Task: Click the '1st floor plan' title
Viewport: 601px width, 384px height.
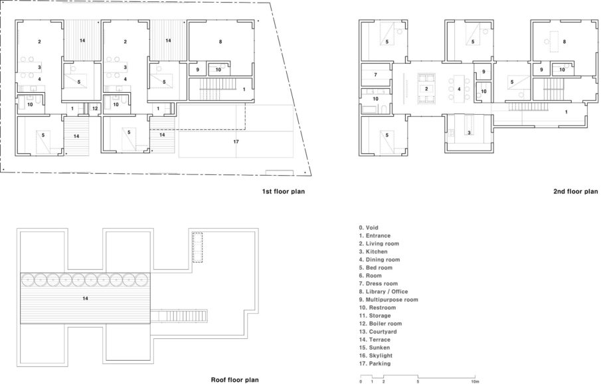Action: (284, 191)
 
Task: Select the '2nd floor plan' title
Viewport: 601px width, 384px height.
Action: (575, 191)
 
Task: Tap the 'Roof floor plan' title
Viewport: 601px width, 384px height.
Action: (234, 380)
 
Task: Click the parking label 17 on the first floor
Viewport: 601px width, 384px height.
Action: (236, 142)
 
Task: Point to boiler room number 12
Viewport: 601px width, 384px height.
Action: (95, 108)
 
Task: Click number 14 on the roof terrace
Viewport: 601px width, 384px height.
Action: (85, 298)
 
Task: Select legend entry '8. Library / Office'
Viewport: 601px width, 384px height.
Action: (383, 292)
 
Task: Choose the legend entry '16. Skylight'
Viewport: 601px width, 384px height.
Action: (376, 355)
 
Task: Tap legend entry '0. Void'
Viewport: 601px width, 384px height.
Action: (369, 227)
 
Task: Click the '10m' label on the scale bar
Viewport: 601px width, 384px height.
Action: (475, 381)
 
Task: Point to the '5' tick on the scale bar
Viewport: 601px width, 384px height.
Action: (418, 381)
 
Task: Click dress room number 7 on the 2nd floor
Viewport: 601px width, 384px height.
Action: (376, 75)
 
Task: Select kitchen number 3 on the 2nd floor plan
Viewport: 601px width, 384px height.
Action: (469, 133)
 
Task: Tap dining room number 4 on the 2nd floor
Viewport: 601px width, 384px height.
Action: (459, 90)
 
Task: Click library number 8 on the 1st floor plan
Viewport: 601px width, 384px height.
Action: (220, 42)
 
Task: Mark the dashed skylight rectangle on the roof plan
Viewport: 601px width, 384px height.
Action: (197, 247)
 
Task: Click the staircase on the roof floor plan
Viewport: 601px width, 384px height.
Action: (179, 316)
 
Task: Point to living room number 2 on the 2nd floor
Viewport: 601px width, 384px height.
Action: (426, 89)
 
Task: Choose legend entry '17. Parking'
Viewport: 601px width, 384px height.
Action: (375, 363)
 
